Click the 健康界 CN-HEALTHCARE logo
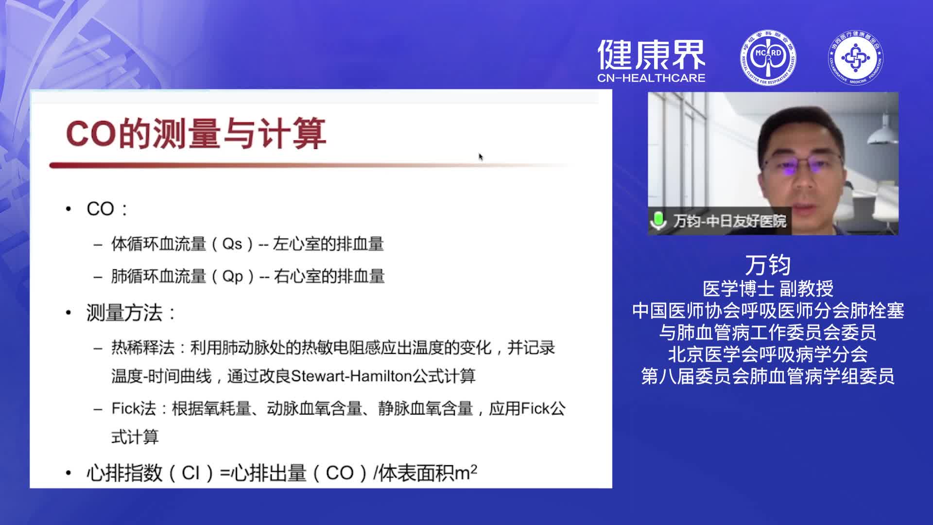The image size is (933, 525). tap(651, 61)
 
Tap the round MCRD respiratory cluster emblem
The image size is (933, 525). tap(768, 57)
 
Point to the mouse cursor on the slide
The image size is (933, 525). tap(481, 157)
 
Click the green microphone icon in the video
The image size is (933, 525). tap(658, 220)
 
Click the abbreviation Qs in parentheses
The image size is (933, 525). tap(232, 244)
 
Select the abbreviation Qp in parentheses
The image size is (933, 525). tap(232, 276)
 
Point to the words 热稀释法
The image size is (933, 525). tap(143, 348)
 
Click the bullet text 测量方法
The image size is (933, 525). tap(124, 313)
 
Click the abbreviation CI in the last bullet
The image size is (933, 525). tap(190, 473)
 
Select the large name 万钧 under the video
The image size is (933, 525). tap(768, 265)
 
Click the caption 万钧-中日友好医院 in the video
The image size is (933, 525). tap(729, 221)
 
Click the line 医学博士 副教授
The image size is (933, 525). tap(768, 289)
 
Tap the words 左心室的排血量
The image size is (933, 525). tap(328, 244)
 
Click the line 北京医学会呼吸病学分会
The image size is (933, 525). tap(768, 354)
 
